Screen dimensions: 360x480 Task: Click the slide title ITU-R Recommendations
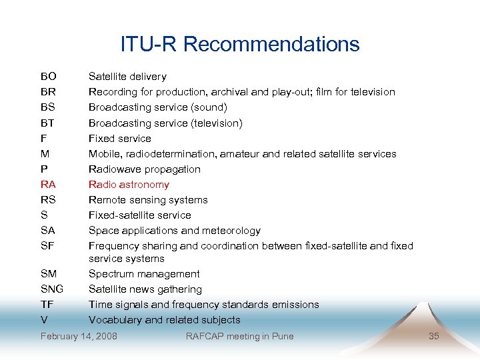coord(240,44)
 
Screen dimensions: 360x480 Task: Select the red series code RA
coord(48,185)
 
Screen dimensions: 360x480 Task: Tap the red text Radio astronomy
coord(129,185)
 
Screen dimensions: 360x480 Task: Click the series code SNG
coord(52,289)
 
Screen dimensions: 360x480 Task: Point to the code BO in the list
coord(48,77)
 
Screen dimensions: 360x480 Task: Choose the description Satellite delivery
coord(127,77)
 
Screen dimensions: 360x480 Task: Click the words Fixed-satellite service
coord(139,215)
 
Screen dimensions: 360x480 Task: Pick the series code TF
coord(47,305)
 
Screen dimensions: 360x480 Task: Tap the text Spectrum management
coord(144,274)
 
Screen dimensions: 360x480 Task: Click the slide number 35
coord(433,336)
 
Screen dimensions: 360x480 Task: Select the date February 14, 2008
coord(79,336)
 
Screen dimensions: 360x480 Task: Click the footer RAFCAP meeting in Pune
coord(239,336)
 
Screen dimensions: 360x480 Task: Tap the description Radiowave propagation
coord(144,169)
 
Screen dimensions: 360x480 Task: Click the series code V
coord(44,320)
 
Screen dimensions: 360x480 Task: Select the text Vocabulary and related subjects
coord(164,320)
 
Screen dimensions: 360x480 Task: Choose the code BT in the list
coord(47,123)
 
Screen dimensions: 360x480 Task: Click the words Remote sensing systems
coord(148,200)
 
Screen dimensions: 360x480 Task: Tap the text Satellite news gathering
coord(145,289)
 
